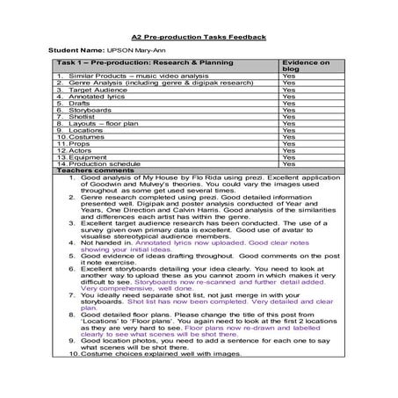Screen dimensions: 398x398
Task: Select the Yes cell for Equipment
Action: pyautogui.click(x=287, y=156)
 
